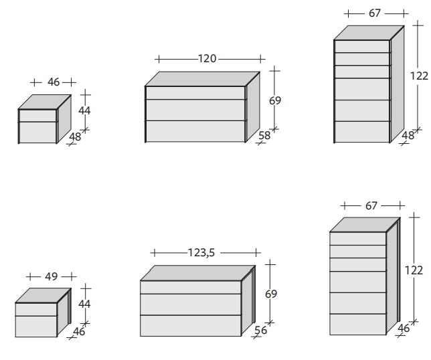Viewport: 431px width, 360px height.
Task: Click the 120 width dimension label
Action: click(x=207, y=58)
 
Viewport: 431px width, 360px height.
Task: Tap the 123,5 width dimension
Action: click(x=201, y=252)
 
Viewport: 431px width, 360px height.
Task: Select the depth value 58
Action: click(x=264, y=135)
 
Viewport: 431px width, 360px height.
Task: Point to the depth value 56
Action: click(x=260, y=330)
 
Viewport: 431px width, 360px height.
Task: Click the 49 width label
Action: click(x=51, y=276)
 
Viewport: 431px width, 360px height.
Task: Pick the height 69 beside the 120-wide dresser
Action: click(x=275, y=100)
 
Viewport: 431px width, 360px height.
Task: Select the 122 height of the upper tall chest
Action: click(x=419, y=76)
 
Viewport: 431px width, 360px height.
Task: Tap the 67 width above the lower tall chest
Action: click(x=371, y=205)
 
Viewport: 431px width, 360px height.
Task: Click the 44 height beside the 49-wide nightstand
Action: click(x=84, y=304)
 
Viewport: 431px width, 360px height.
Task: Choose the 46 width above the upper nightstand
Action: click(x=54, y=82)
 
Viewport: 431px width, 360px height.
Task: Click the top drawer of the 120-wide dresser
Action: click(x=195, y=93)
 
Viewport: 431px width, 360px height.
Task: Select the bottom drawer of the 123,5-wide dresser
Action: click(x=191, y=326)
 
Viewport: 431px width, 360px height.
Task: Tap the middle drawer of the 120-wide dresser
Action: click(x=195, y=110)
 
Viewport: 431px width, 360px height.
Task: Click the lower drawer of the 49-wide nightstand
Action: click(x=36, y=327)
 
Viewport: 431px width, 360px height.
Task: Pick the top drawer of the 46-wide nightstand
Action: click(x=37, y=116)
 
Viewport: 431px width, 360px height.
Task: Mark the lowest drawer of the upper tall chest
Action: click(x=362, y=132)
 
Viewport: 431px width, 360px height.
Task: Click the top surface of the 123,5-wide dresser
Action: click(x=198, y=273)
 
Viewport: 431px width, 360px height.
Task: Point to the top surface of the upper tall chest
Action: click(x=369, y=33)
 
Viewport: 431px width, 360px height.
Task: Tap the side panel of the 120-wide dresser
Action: click(x=253, y=107)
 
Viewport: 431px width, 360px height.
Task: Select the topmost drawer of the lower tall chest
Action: click(x=358, y=238)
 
